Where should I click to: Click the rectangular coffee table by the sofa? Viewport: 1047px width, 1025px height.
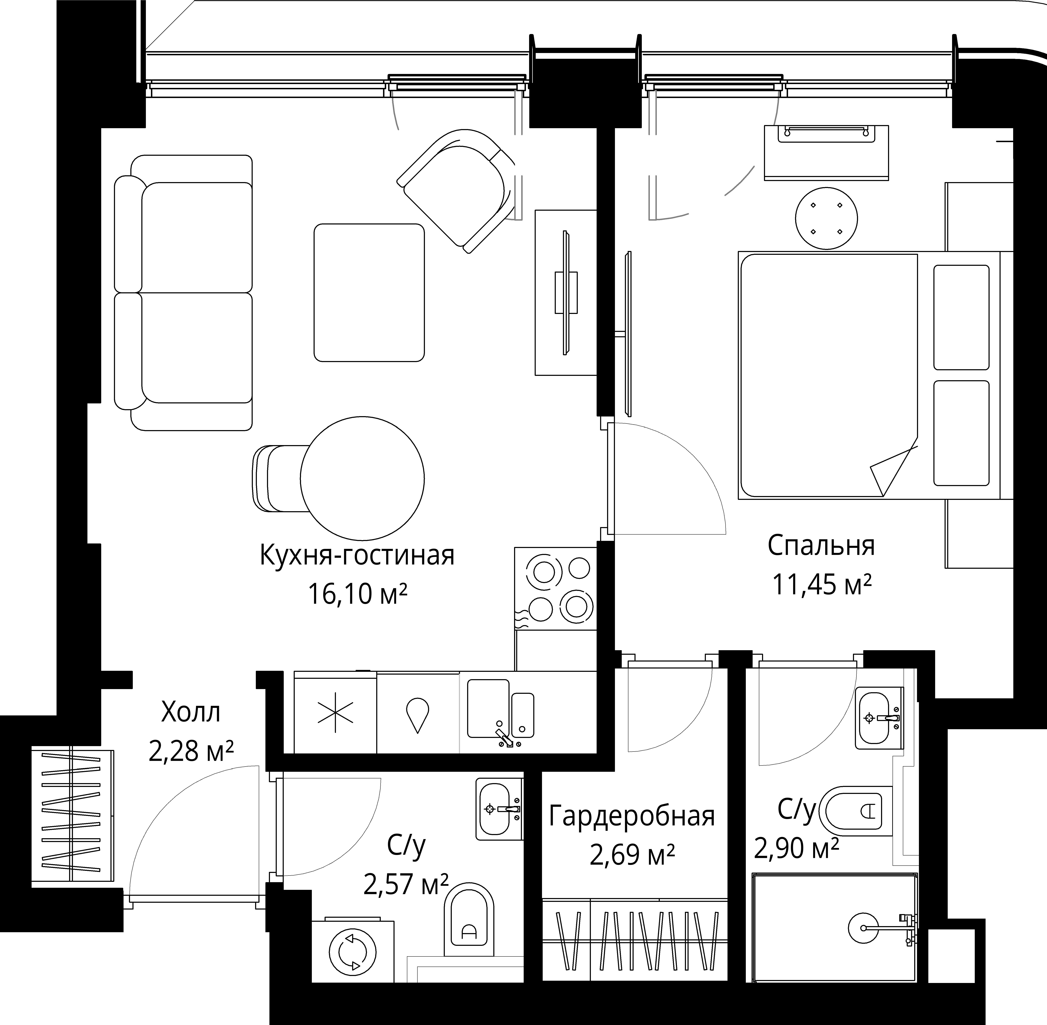(369, 292)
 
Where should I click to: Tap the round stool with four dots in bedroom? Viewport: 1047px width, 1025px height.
(826, 218)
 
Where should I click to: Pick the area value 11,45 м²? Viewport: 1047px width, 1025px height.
(822, 584)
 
